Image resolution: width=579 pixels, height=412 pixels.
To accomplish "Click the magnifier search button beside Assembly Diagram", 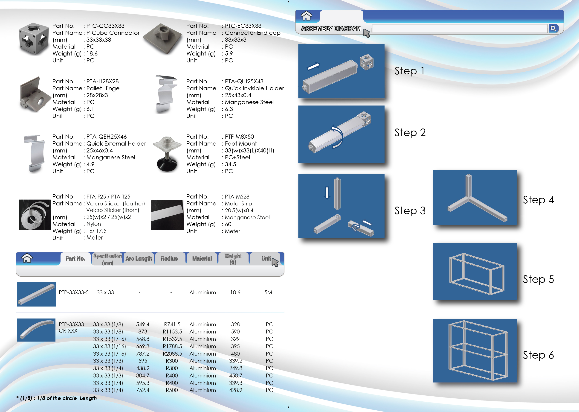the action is [x=553, y=28].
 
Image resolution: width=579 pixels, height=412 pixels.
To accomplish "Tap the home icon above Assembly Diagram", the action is [x=306, y=16].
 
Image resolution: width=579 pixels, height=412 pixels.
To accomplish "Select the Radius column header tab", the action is [x=169, y=259].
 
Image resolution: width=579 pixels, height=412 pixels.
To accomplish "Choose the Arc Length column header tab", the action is [x=139, y=259].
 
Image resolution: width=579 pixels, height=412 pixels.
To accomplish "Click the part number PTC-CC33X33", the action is [x=105, y=26].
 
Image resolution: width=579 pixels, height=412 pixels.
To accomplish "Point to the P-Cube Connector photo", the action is [x=34, y=39].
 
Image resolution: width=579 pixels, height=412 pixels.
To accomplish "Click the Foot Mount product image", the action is [x=167, y=154].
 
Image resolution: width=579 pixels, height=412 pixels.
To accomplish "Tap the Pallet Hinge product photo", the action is [x=35, y=94].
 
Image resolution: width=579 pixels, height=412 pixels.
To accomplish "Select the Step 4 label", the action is [x=538, y=200].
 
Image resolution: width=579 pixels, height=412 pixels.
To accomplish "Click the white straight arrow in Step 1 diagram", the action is [x=313, y=66].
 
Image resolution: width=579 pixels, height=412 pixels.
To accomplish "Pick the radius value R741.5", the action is [x=172, y=324].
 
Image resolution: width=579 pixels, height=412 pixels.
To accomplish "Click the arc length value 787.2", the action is [x=143, y=354].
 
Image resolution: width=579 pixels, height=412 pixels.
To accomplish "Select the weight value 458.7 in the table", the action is [x=235, y=375].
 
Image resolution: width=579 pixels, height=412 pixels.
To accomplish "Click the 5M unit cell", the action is [x=268, y=292].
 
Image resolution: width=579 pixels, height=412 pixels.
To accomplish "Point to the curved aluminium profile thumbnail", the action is [x=36, y=330].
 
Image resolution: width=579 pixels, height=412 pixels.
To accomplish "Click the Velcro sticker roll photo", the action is [x=35, y=215].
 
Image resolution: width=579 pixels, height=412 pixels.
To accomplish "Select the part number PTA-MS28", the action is [x=237, y=197].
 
